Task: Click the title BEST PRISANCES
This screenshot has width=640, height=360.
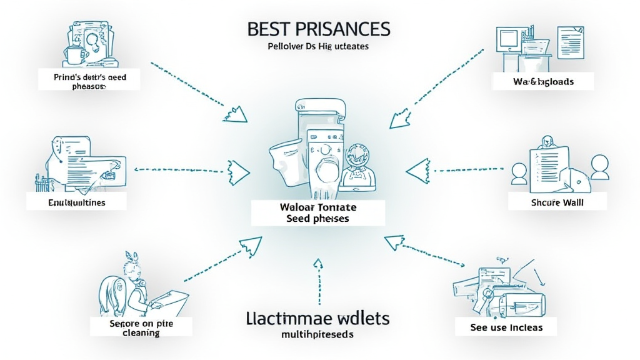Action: (x=319, y=29)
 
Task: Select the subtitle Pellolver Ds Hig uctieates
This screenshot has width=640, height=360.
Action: (x=319, y=47)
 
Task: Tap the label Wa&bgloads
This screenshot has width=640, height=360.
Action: (x=541, y=81)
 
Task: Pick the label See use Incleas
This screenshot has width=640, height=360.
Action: (x=506, y=327)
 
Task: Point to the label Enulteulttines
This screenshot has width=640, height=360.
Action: (x=77, y=202)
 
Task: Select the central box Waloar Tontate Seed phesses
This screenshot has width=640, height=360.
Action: (x=318, y=212)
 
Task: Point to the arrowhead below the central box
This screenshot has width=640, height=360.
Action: (x=318, y=264)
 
